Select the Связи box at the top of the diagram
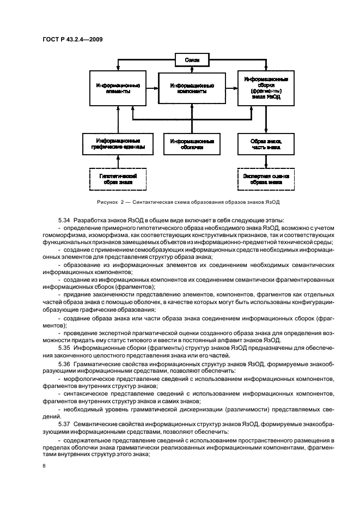192,59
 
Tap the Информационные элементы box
118,89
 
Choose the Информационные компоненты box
192,89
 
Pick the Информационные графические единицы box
118,144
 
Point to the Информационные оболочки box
192,144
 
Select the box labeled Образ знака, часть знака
266,144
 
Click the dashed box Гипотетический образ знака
118,179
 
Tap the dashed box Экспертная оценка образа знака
266,179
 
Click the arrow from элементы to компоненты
151,89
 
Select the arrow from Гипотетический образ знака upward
118,162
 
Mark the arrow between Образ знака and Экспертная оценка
266,162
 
